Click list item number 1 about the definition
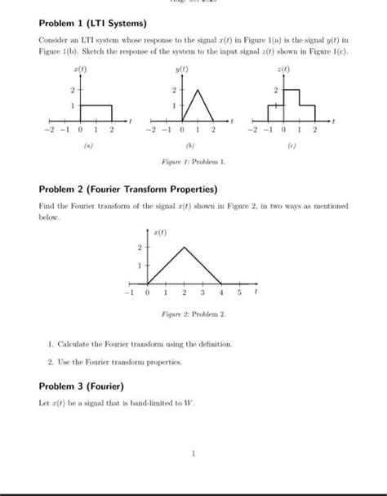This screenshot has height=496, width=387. click(x=146, y=343)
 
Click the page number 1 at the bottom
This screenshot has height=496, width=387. click(x=193, y=454)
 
